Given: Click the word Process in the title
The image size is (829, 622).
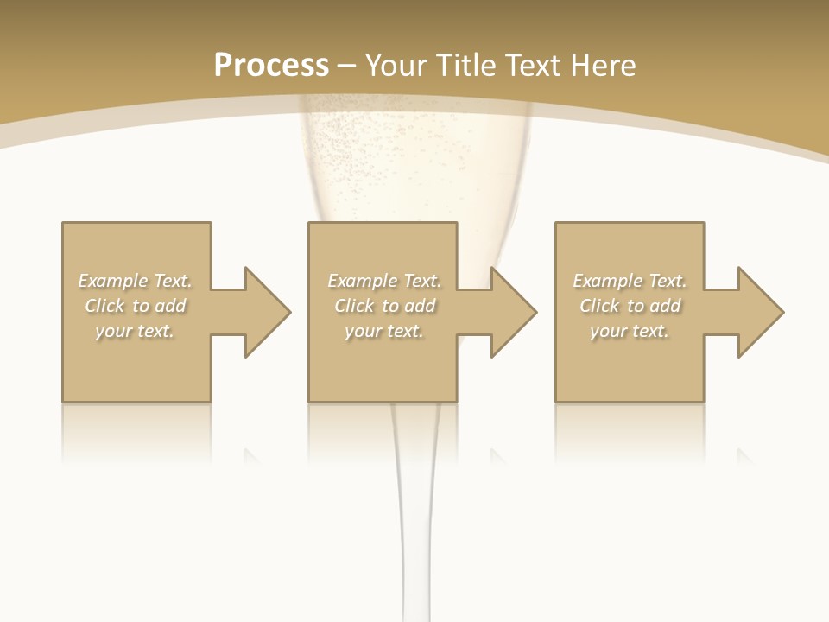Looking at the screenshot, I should pos(271,65).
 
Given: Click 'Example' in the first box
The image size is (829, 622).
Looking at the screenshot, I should pos(112,281).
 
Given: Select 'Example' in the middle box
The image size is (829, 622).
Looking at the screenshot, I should pos(362,281).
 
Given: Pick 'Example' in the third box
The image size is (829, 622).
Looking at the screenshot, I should pos(607,281).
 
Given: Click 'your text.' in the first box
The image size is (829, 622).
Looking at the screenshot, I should pos(135,331).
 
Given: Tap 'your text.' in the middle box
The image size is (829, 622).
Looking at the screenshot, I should pos(384,331).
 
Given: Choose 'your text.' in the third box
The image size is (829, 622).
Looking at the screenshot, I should pos(630,331).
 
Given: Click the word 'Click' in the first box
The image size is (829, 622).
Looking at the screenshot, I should pos(104,306).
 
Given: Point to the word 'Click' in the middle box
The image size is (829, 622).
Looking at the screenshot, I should pos(354,306).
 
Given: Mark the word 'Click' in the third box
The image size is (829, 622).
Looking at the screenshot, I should pos(599,306).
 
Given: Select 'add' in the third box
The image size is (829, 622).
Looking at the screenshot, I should pos(665,306).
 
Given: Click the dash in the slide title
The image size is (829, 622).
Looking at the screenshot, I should pos(346,66).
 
